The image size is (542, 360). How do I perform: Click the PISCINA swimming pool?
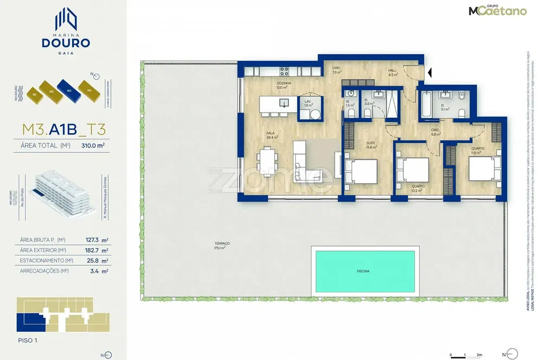point(364,272)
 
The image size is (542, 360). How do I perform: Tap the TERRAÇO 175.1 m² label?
point(222,246)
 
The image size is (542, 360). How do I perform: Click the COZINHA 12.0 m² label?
point(283,85)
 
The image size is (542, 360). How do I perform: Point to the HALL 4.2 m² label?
point(393,73)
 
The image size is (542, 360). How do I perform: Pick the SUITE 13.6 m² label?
point(371,145)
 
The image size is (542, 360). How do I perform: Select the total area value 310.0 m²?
point(92,146)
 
